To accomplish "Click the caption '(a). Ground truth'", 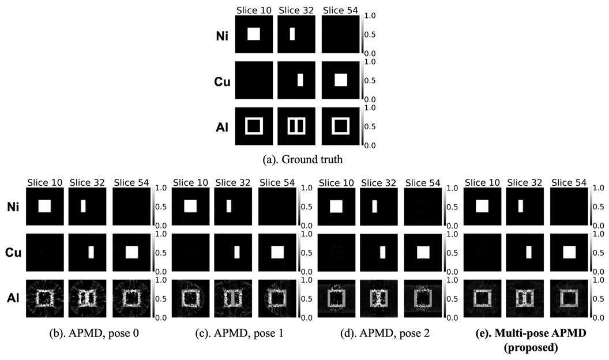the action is (303, 160).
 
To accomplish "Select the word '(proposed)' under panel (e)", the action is (531, 347).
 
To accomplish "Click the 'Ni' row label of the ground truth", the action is (222, 36).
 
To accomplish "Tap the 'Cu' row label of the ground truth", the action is (222, 81).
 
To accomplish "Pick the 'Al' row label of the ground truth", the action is (222, 127).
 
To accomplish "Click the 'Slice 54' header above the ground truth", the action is (340, 10).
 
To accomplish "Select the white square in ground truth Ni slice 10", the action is (254, 34).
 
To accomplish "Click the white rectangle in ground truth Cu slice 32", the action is (300, 80).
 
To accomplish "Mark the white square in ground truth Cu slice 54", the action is (341, 80).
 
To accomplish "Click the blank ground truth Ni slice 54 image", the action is (340, 34).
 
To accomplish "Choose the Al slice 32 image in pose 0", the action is (87, 298).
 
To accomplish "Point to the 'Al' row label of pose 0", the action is (13, 298).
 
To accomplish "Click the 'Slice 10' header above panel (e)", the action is (482, 182).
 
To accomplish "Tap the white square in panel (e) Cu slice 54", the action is (569, 252).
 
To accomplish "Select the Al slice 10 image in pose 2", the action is (336, 298).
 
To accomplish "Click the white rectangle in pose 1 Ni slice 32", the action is (229, 206).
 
